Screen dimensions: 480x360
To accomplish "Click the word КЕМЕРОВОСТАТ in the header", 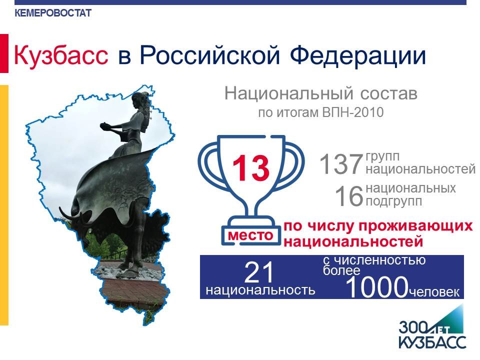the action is (53, 13).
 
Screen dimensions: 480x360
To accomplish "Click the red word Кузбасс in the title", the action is (61, 55).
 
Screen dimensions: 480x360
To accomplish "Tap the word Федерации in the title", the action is (358, 56).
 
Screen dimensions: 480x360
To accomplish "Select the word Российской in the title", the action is (210, 55).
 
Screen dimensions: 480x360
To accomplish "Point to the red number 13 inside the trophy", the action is (250, 168).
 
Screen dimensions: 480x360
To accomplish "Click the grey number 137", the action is (341, 164).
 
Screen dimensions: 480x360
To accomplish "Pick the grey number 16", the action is (348, 196).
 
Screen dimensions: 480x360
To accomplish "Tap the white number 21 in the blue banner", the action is (259, 272).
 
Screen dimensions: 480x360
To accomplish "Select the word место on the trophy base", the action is (250, 235).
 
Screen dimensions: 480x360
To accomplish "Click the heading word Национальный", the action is (289, 93).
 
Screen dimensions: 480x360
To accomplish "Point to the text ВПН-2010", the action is (352, 112).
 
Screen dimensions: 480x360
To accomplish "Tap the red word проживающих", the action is (415, 226).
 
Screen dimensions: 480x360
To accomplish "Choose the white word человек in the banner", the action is (434, 292).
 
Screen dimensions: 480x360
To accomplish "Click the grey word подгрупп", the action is (394, 201).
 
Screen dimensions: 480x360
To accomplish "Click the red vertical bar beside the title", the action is (4, 53).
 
